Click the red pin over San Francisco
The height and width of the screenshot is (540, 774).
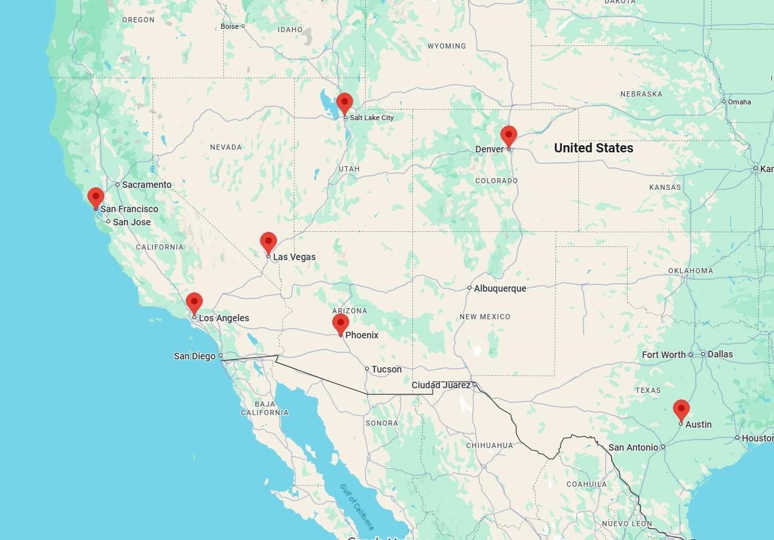tap(96, 197)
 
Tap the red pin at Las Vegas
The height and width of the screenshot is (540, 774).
tap(268, 242)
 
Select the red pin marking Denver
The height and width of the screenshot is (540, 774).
tap(508, 135)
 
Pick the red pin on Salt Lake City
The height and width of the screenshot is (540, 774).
tap(345, 103)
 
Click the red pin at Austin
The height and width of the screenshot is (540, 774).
tap(681, 409)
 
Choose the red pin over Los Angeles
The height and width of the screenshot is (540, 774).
tap(194, 303)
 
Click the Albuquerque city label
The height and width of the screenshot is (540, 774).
tap(500, 288)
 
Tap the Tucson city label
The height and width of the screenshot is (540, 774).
tap(386, 369)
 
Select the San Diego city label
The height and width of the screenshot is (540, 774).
tap(194, 356)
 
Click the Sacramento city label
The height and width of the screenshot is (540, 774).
tap(146, 185)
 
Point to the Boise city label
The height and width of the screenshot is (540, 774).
tap(230, 26)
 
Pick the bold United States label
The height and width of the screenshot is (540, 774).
tap(593, 148)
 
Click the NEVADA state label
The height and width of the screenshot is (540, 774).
tap(226, 147)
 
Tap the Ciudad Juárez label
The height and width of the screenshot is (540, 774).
tap(441, 385)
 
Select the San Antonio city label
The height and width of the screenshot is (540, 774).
tap(633, 447)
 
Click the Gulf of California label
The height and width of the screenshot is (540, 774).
tap(356, 506)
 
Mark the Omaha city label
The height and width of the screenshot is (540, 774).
tap(739, 102)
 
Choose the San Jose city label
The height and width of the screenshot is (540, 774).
tap(131, 222)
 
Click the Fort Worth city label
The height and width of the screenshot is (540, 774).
tap(664, 355)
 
